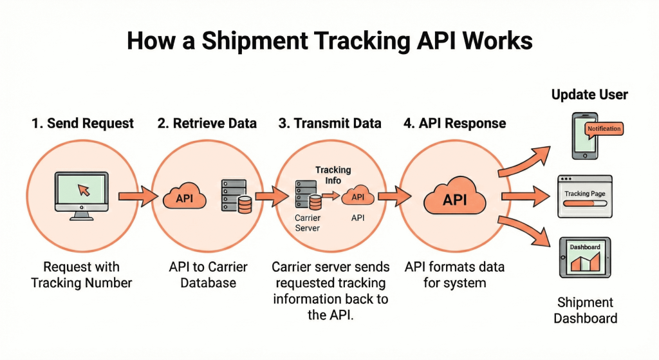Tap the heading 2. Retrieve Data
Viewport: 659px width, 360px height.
click(207, 123)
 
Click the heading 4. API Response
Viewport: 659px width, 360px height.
click(454, 123)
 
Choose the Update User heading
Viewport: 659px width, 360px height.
click(589, 95)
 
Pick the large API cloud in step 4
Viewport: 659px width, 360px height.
click(455, 199)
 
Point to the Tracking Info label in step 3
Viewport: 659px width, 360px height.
click(333, 175)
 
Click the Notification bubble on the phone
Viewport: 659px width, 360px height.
click(604, 129)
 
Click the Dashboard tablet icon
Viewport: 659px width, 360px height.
click(585, 258)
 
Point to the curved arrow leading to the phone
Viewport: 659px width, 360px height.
click(524, 162)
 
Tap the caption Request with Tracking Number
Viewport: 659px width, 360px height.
click(81, 274)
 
